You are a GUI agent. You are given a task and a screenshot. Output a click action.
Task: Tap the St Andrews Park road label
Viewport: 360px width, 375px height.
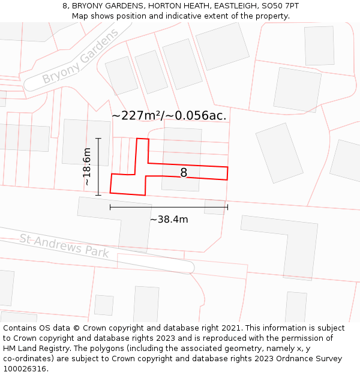click(x=64, y=245)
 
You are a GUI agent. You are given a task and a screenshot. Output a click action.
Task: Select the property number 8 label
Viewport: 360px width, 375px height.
click(x=184, y=173)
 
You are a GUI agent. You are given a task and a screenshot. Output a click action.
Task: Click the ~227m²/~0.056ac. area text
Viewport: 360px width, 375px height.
click(x=169, y=115)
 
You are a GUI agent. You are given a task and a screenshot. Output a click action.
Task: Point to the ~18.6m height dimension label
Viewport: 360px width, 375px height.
click(x=87, y=166)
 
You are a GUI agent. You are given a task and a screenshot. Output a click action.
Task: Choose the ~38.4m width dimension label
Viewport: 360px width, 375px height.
click(x=169, y=220)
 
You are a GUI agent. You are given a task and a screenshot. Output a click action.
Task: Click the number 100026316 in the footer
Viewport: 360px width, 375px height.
click(x=26, y=369)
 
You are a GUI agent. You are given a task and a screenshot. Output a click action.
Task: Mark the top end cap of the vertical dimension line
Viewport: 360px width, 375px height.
click(x=98, y=139)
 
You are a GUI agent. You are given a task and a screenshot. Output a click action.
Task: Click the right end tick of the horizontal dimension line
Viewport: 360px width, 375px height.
click(x=227, y=208)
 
